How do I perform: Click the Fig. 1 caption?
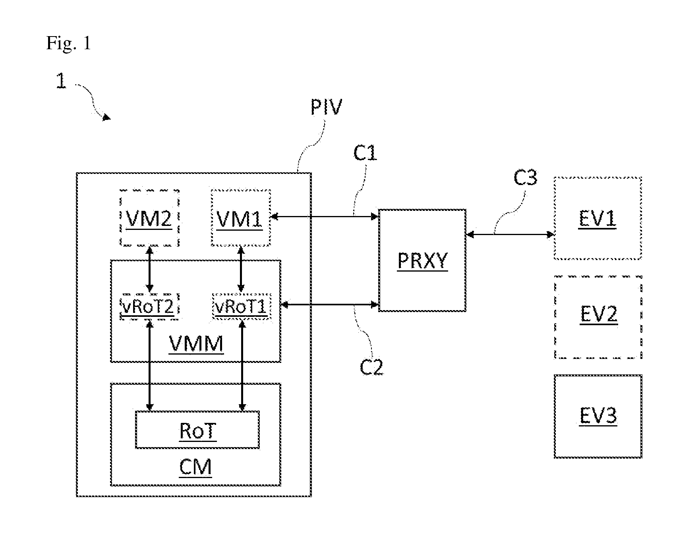click(x=68, y=42)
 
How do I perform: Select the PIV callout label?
click(x=326, y=107)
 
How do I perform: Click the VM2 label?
click(x=149, y=219)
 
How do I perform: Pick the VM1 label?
click(x=240, y=219)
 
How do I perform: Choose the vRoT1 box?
click(x=242, y=307)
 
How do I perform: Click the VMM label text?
click(x=196, y=344)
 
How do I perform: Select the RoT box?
click(x=197, y=430)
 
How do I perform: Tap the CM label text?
click(x=195, y=467)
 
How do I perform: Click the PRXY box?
click(x=422, y=260)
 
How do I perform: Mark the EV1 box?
click(x=598, y=218)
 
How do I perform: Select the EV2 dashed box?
click(x=598, y=317)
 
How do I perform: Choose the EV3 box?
click(x=598, y=417)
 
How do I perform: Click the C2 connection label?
click(x=371, y=367)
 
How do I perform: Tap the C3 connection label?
click(x=525, y=177)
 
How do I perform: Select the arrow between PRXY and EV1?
click(x=510, y=234)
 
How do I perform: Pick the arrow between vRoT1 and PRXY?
click(x=330, y=305)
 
